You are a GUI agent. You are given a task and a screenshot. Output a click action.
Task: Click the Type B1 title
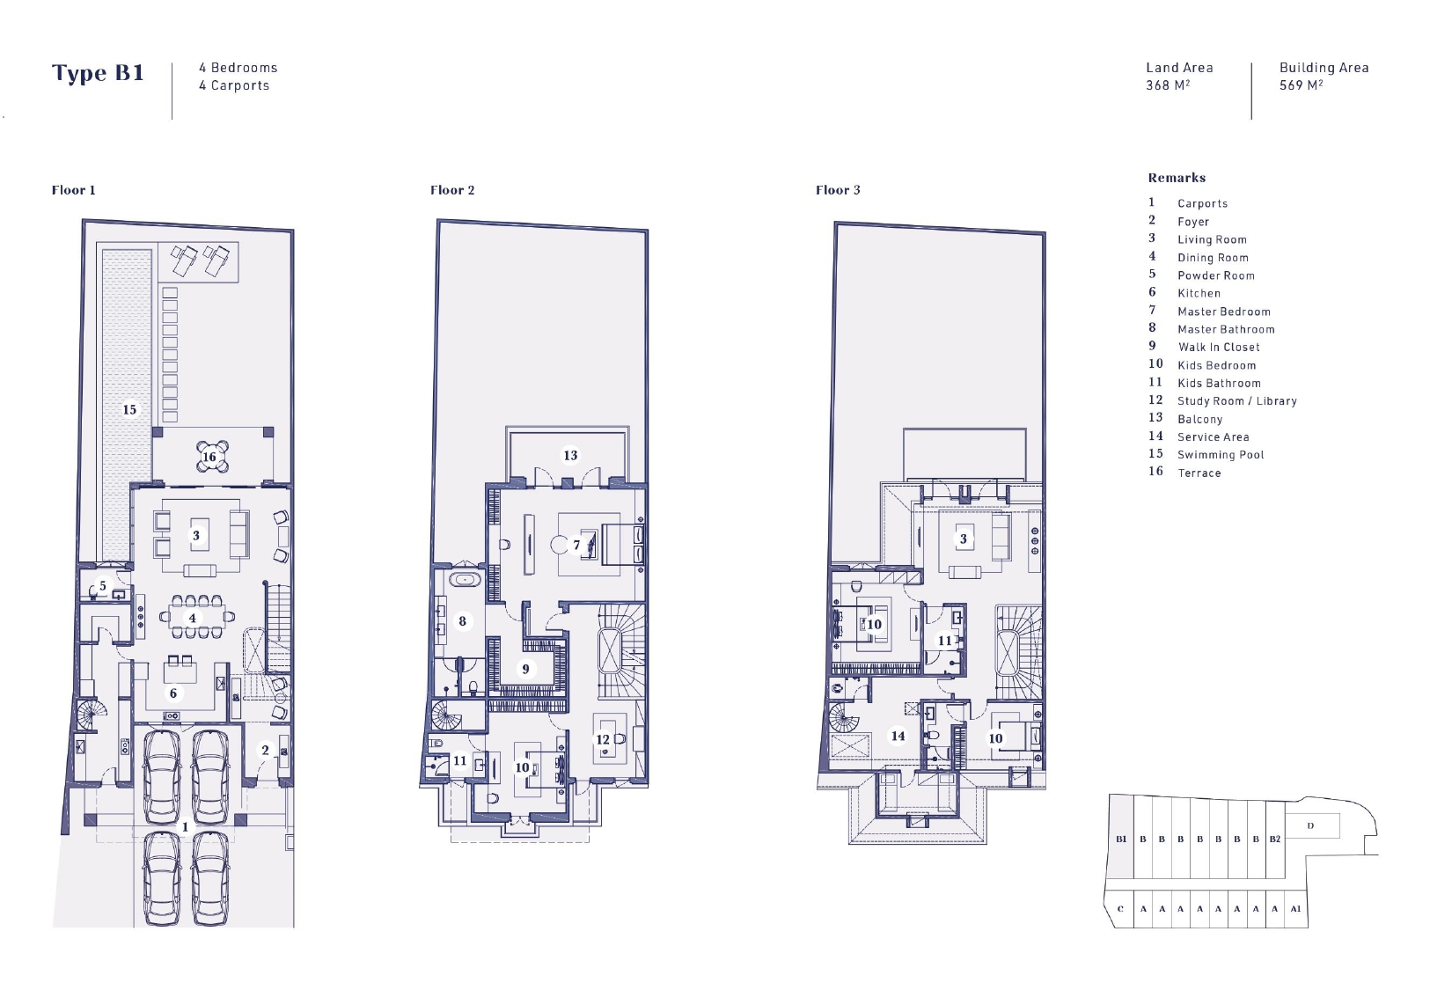pyautogui.click(x=98, y=73)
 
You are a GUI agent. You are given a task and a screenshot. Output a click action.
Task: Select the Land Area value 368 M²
pyautogui.click(x=1168, y=84)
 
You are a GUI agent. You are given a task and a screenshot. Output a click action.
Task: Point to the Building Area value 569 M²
pyautogui.click(x=1301, y=84)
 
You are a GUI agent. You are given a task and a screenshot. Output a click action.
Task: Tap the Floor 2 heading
pyautogui.click(x=452, y=190)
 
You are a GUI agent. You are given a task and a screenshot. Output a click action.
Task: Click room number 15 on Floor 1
pyautogui.click(x=129, y=410)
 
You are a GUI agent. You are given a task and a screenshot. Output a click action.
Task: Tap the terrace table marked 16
pyautogui.click(x=211, y=456)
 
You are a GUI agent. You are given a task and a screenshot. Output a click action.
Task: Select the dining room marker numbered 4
pyautogui.click(x=192, y=618)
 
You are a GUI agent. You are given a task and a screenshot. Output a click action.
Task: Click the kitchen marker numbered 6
pyautogui.click(x=173, y=693)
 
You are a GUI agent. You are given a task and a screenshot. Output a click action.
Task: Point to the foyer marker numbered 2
pyautogui.click(x=266, y=751)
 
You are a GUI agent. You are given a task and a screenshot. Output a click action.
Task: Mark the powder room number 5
pyautogui.click(x=103, y=586)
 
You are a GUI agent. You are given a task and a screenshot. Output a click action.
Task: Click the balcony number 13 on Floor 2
pyautogui.click(x=570, y=455)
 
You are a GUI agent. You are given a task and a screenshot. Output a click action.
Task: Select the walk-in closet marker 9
pyautogui.click(x=525, y=669)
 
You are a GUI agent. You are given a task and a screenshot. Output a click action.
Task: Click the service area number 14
pyautogui.click(x=898, y=736)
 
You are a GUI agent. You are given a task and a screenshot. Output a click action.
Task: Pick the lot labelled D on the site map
pyautogui.click(x=1310, y=826)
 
